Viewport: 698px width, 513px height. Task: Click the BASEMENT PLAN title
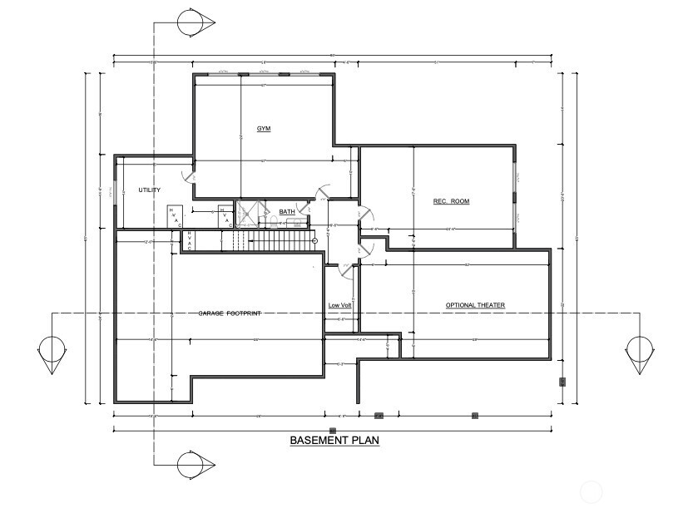[334, 441]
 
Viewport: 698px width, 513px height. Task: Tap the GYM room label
[264, 129]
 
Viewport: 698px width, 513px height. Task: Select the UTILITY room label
[150, 190]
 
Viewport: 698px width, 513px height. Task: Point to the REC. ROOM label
[451, 201]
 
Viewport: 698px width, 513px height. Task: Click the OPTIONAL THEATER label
[475, 305]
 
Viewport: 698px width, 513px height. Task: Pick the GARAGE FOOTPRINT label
[230, 313]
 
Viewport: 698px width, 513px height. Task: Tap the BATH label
[287, 212]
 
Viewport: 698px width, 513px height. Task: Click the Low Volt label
[339, 305]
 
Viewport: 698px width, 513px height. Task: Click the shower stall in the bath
[246, 213]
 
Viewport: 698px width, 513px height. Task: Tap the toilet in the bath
[271, 221]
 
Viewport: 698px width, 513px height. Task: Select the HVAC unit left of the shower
[225, 215]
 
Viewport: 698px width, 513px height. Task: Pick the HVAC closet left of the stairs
[190, 240]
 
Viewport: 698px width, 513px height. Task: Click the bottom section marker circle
[195, 465]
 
